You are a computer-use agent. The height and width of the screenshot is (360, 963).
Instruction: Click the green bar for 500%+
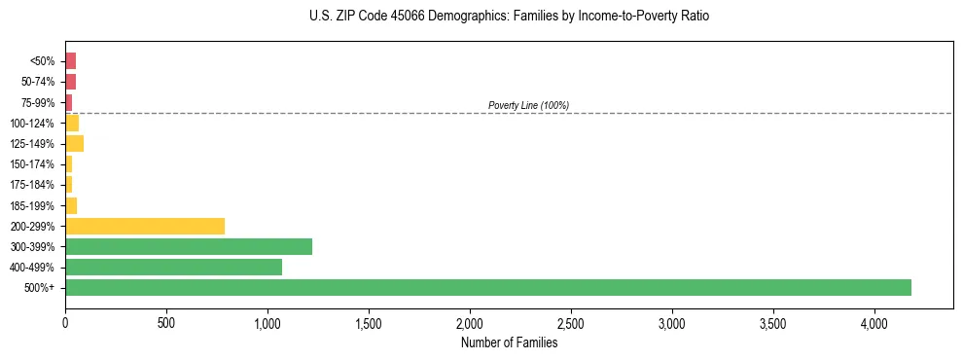(x=487, y=287)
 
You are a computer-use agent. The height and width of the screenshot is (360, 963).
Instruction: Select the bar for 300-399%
(x=189, y=246)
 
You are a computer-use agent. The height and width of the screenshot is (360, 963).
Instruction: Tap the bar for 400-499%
(x=173, y=267)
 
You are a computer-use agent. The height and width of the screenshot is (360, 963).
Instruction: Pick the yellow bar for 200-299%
(x=145, y=226)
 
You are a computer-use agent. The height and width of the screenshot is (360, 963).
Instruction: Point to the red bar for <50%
(x=70, y=61)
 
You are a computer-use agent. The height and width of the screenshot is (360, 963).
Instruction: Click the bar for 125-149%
(x=74, y=144)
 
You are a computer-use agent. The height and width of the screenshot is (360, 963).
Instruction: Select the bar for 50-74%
(x=70, y=82)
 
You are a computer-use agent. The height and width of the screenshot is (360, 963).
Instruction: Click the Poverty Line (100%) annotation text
(x=528, y=105)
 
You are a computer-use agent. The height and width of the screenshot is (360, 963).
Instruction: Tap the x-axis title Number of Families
(x=509, y=342)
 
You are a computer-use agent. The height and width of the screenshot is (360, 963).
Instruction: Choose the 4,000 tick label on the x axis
(x=874, y=322)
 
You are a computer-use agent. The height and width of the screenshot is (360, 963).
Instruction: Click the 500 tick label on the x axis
(x=166, y=322)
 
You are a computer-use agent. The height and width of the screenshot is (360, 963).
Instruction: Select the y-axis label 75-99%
(x=40, y=103)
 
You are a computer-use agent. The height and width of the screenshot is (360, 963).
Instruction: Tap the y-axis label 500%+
(x=42, y=288)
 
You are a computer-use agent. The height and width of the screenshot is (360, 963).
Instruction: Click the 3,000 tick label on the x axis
(x=672, y=322)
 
